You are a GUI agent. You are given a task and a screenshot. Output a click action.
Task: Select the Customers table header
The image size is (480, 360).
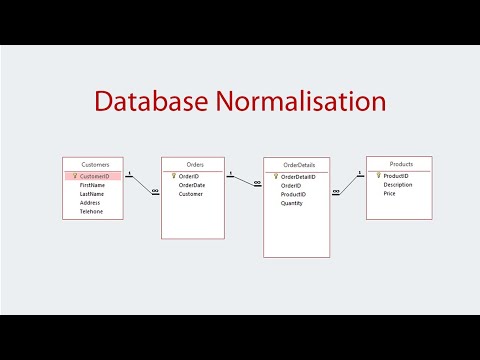pyautogui.click(x=94, y=164)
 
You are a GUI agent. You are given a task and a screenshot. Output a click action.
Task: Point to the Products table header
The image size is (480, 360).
pyautogui.click(x=400, y=164)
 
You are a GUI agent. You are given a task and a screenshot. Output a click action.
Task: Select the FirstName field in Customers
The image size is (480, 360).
pyautogui.click(x=93, y=185)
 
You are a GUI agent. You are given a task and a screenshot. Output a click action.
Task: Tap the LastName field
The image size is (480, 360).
pyautogui.click(x=93, y=194)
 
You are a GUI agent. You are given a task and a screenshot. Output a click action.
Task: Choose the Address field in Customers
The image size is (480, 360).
pyautogui.click(x=91, y=203)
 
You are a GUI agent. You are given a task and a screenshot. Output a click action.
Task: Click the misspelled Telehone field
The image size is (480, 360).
pyautogui.click(x=92, y=212)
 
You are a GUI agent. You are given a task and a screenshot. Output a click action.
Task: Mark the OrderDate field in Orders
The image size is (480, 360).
pyautogui.click(x=192, y=185)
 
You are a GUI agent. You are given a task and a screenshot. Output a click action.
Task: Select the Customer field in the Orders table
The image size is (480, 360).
pyautogui.click(x=191, y=194)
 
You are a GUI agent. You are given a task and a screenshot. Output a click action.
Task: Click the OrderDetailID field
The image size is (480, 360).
pyautogui.click(x=298, y=177)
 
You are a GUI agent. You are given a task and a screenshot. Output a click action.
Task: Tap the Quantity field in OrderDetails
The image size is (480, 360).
pyautogui.click(x=292, y=203)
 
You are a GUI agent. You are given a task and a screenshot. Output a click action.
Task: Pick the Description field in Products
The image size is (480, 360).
pyautogui.click(x=398, y=185)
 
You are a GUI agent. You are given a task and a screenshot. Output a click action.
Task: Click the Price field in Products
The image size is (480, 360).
pyautogui.click(x=390, y=194)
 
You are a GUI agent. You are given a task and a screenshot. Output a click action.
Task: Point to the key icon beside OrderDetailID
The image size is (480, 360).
pyautogui.click(x=274, y=177)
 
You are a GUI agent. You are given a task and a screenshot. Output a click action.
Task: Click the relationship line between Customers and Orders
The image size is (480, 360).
pyautogui.click(x=142, y=184)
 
